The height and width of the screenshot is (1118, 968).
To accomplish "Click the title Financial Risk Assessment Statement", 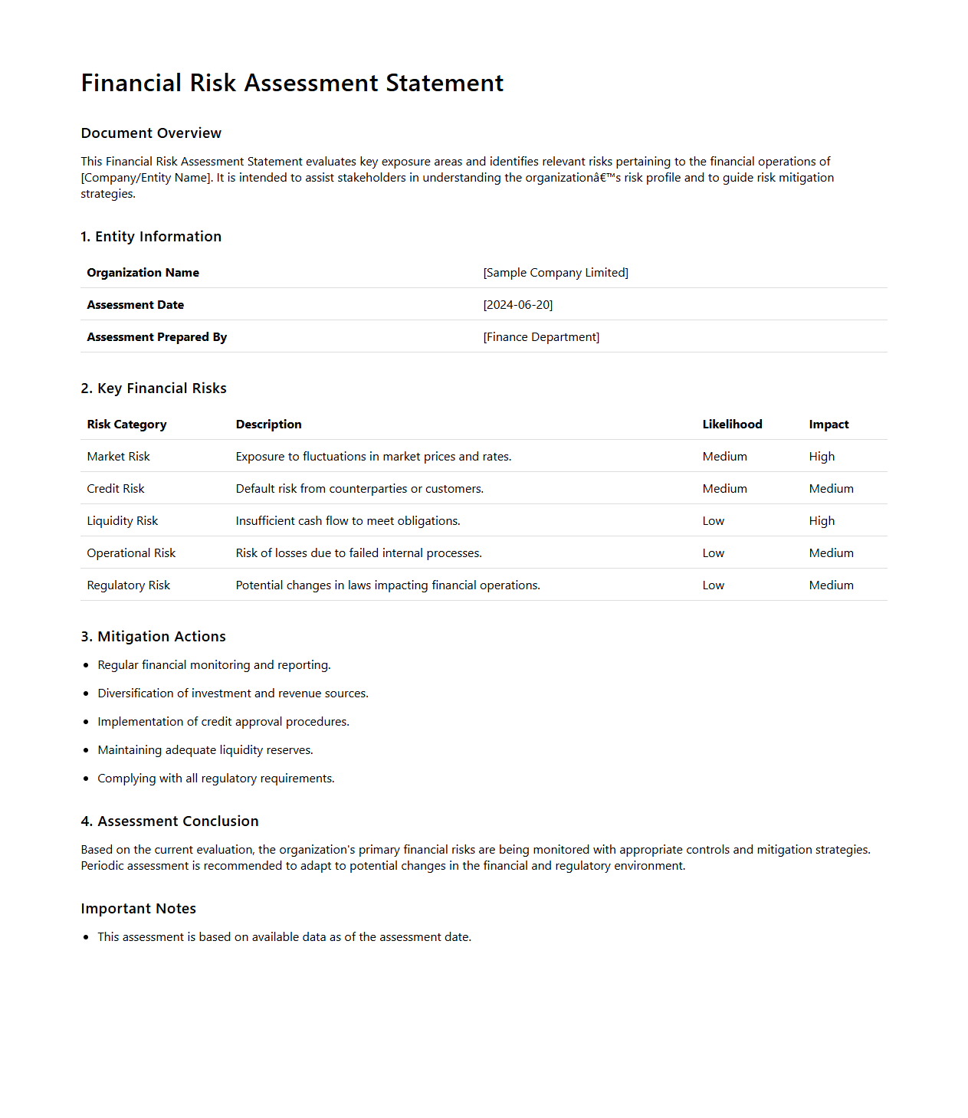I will point(292,83).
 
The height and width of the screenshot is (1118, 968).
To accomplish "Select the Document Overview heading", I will point(151,133).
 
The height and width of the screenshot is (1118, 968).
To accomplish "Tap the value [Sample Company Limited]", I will point(555,273).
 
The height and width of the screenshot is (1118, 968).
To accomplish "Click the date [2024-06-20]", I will point(517,305).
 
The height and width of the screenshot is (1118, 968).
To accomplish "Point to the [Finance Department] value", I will point(541,337).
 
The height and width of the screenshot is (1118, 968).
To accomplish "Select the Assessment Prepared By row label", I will point(156,337).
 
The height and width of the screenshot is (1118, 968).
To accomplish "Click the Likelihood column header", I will point(732,425).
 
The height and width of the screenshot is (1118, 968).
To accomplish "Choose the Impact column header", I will point(829,425).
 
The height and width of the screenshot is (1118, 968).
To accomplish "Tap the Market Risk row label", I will point(118,457).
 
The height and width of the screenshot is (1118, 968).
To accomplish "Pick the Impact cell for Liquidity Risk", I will point(822,521).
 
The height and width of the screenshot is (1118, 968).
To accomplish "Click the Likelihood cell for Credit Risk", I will point(724,489).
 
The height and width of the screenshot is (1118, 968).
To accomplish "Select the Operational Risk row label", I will point(131,553).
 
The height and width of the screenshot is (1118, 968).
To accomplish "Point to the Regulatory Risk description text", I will point(388,585).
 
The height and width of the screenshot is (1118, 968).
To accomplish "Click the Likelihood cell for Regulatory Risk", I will point(713,585).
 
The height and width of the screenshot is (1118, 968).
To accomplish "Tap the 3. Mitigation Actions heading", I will point(153,637).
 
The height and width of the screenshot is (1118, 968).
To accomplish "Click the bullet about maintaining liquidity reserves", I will point(205,750).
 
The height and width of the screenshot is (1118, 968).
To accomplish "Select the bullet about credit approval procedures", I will point(223,722).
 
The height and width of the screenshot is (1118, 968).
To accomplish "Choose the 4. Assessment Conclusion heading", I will point(169,821).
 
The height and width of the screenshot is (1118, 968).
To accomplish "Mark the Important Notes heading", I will point(138,909).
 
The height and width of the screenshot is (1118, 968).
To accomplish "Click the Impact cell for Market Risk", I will point(822,457).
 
